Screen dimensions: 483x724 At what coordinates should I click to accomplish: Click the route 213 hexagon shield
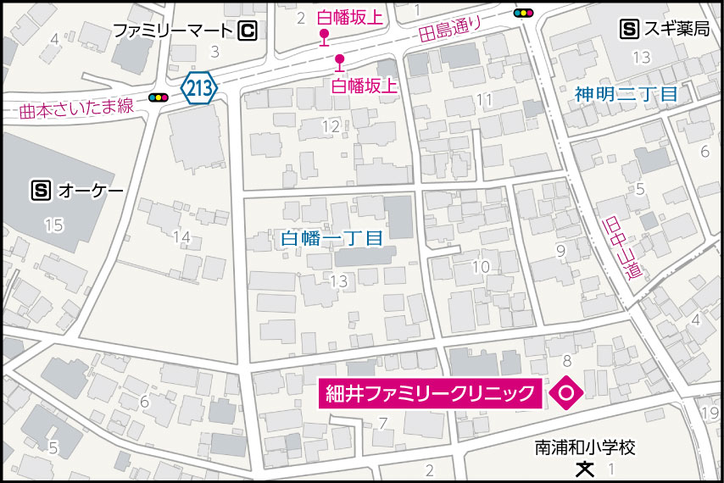(199, 86)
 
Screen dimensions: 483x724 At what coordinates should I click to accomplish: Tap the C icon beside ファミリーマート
(248, 31)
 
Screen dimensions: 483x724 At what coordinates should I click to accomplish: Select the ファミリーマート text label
(173, 31)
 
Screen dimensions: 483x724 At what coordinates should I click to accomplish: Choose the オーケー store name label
(91, 191)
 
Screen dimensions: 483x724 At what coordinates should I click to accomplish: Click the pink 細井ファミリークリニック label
(431, 393)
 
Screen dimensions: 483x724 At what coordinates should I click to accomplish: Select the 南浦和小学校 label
(585, 446)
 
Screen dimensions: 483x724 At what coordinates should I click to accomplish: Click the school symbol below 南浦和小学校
(584, 467)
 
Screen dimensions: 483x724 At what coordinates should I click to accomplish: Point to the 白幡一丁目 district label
(331, 239)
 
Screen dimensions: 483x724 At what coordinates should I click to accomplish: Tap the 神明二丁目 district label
(626, 94)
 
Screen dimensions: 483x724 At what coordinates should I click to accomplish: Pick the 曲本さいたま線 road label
(78, 108)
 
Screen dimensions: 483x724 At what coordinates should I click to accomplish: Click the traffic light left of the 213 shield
(159, 98)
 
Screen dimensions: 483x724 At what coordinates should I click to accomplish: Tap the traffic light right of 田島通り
(525, 14)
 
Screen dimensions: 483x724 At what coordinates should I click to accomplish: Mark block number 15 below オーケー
(53, 225)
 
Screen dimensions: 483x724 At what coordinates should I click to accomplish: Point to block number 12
(330, 127)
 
